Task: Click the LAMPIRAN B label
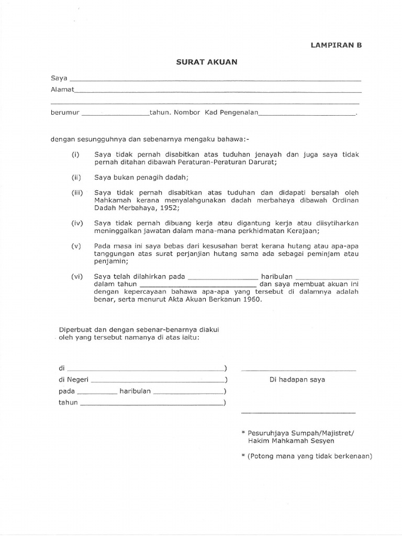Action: click(337, 45)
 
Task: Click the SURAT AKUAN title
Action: click(206, 62)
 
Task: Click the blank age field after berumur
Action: click(116, 114)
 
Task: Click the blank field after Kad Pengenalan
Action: click(307, 114)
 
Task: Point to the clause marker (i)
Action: click(75, 155)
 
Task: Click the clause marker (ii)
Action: click(75, 178)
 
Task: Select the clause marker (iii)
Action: click(76, 193)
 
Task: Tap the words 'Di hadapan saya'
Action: click(297, 380)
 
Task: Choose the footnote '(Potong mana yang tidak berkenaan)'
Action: click(309, 456)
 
